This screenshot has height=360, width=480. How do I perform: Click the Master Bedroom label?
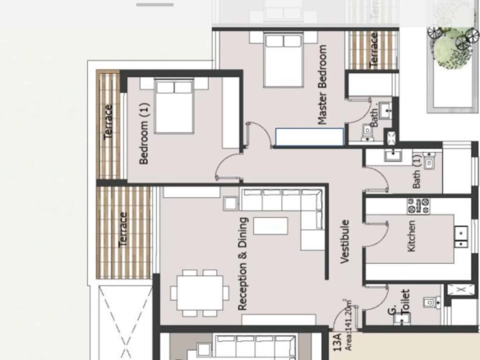(322, 85)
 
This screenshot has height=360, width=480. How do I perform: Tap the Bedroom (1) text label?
(144, 133)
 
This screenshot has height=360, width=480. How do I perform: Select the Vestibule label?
(344, 242)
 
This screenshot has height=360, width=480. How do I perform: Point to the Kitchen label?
(412, 236)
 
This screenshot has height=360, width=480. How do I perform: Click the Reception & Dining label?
(242, 264)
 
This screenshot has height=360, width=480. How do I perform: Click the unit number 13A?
(337, 342)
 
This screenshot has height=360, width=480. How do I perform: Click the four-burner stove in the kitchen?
(418, 206)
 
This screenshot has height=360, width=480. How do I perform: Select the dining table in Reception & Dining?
(200, 293)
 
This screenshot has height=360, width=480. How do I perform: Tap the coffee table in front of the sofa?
(270, 226)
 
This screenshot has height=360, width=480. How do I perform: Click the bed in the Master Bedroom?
(284, 60)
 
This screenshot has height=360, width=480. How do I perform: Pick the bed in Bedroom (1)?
(174, 106)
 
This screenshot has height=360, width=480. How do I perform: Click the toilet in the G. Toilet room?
(432, 302)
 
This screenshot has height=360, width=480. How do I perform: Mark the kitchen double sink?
(461, 237)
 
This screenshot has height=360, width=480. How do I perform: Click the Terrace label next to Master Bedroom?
(373, 50)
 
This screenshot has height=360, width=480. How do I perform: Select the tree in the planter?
(452, 46)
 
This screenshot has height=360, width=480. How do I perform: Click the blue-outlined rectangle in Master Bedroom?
(309, 137)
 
